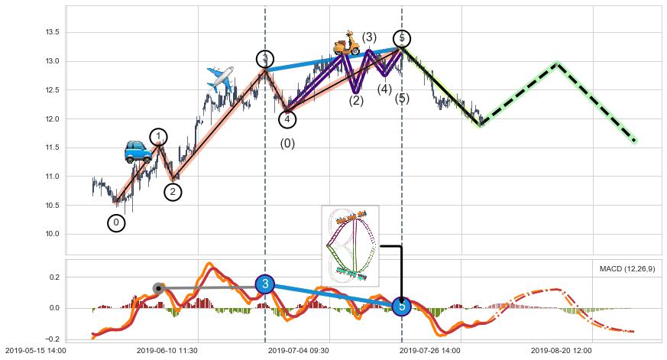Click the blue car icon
[138, 151]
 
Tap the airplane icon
[220, 79]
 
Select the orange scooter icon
[347, 44]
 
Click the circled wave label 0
[116, 222]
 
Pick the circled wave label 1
[158, 138]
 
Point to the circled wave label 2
[173, 192]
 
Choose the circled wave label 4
[287, 119]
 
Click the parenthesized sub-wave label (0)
[287, 144]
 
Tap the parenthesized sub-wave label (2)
[356, 101]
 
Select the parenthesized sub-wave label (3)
[369, 37]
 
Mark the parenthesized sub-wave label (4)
[385, 89]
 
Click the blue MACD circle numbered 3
[264, 284]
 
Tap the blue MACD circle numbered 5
[402, 306]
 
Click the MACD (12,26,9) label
[627, 269]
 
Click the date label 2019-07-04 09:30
[298, 351]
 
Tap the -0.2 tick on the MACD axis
[52, 339]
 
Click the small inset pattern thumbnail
[350, 245]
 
